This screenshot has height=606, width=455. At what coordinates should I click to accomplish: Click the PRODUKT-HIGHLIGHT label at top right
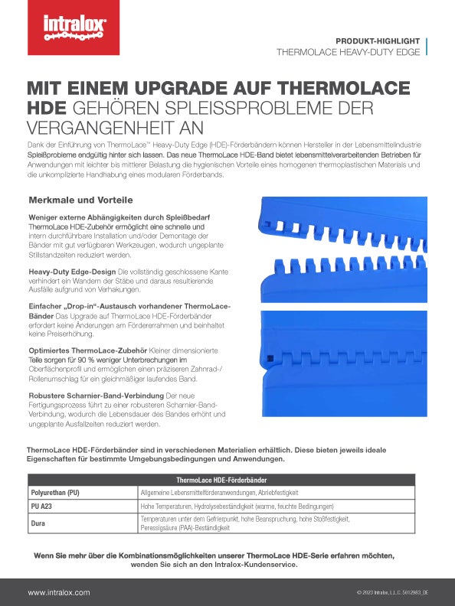click(x=378, y=40)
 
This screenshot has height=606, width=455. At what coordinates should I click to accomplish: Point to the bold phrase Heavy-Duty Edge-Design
click(x=72, y=272)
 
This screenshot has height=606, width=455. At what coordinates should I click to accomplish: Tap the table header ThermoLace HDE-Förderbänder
click(x=227, y=480)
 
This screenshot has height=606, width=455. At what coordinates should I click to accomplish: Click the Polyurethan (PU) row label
click(x=54, y=493)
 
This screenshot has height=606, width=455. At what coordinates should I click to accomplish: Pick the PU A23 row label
click(x=43, y=507)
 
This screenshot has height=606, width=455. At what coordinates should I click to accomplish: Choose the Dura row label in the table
click(x=38, y=523)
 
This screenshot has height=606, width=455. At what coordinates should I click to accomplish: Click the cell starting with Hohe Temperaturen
click(x=237, y=507)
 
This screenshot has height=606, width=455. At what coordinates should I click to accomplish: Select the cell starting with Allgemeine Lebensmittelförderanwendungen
click(x=220, y=493)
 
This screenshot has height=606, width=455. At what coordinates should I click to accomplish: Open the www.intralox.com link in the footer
click(x=59, y=592)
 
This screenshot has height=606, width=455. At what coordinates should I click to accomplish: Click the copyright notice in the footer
click(x=392, y=593)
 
